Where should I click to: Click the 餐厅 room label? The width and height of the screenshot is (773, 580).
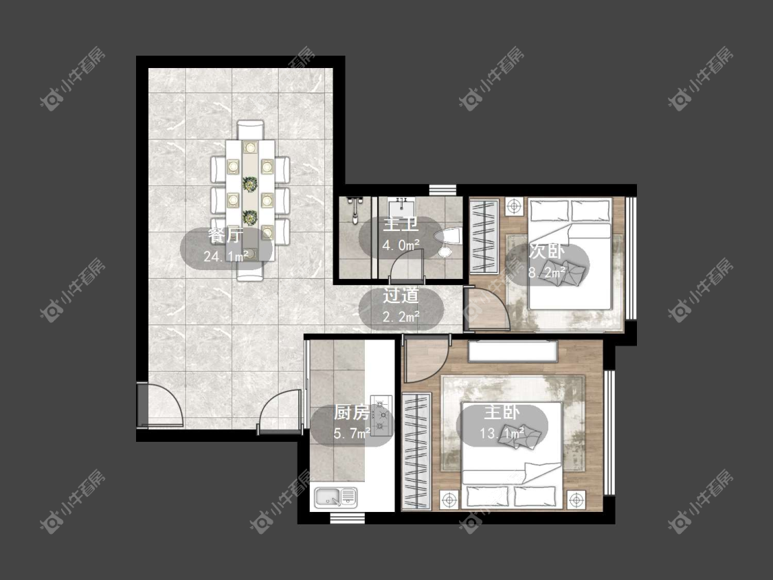pos(226,236)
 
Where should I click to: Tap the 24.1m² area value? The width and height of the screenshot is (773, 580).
pos(226,256)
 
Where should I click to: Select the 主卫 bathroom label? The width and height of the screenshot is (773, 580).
pos(401,225)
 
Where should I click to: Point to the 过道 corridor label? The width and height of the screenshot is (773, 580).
pos(401,296)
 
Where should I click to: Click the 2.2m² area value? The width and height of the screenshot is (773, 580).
pos(401,317)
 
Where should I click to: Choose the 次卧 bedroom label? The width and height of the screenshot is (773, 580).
pos(547,251)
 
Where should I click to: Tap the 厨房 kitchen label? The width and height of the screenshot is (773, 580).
pos(352,412)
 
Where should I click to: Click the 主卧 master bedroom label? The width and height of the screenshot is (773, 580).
pos(502,412)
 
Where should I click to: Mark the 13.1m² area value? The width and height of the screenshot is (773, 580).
pos(502,434)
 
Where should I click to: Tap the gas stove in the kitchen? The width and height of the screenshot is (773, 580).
pos(381,416)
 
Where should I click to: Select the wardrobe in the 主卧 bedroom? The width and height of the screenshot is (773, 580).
pos(417,451)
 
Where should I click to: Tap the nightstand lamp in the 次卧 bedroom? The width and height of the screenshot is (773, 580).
pos(514,205)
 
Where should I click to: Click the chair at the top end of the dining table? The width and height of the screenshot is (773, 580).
pos(250,131)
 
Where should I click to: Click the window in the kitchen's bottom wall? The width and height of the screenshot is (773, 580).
pos(347,518)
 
